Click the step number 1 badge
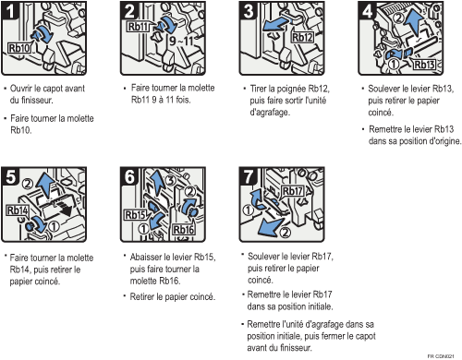click(10, 11)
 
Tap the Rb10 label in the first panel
click(19, 48)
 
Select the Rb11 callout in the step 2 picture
click(139, 27)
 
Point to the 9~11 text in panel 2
click(181, 41)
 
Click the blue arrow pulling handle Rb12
click(276, 25)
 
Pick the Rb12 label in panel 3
click(302, 37)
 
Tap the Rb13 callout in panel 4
click(424, 65)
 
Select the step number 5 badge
click(10, 177)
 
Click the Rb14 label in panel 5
click(18, 210)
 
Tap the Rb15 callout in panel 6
click(135, 214)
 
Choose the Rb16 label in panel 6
click(184, 230)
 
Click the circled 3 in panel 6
click(170, 180)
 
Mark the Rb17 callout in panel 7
click(293, 191)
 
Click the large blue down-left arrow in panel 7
click(269, 227)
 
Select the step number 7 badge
click(248, 176)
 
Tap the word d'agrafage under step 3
click(270, 112)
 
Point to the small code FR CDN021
click(441, 356)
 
